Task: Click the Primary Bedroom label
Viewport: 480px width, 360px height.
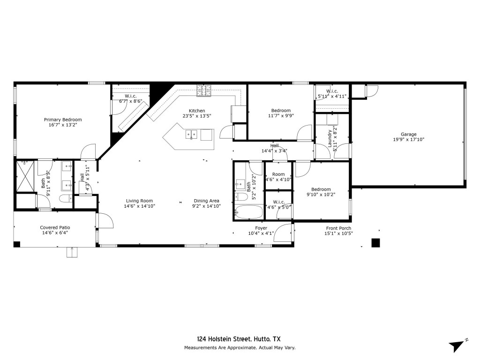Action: coord(63,120)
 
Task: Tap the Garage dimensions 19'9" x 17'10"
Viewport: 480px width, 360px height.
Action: coord(409,140)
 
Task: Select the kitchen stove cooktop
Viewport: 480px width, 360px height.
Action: coord(204,90)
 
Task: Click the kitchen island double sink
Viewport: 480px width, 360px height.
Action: coord(191,134)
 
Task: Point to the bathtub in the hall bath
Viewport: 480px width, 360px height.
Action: coord(249,211)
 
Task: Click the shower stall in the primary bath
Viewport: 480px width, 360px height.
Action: coord(25,176)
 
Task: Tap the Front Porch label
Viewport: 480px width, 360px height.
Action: coord(338,228)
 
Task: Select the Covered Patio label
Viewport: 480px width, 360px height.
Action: coord(55,227)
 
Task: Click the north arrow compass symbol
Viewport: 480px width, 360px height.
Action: coord(458,345)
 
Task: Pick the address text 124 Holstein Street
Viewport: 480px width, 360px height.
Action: coord(225,339)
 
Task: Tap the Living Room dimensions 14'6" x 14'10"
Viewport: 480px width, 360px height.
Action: coord(140,206)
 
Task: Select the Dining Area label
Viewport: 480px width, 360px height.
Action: coord(206,201)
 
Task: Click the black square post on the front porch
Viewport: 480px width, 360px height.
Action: coord(375,243)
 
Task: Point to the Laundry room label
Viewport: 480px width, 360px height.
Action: coord(330,138)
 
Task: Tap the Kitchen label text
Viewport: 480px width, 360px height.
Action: coord(197,111)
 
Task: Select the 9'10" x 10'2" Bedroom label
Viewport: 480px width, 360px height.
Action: coord(321,189)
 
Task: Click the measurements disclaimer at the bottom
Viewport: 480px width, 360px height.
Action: coord(240,348)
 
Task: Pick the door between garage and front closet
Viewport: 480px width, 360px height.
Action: coord(372,91)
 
